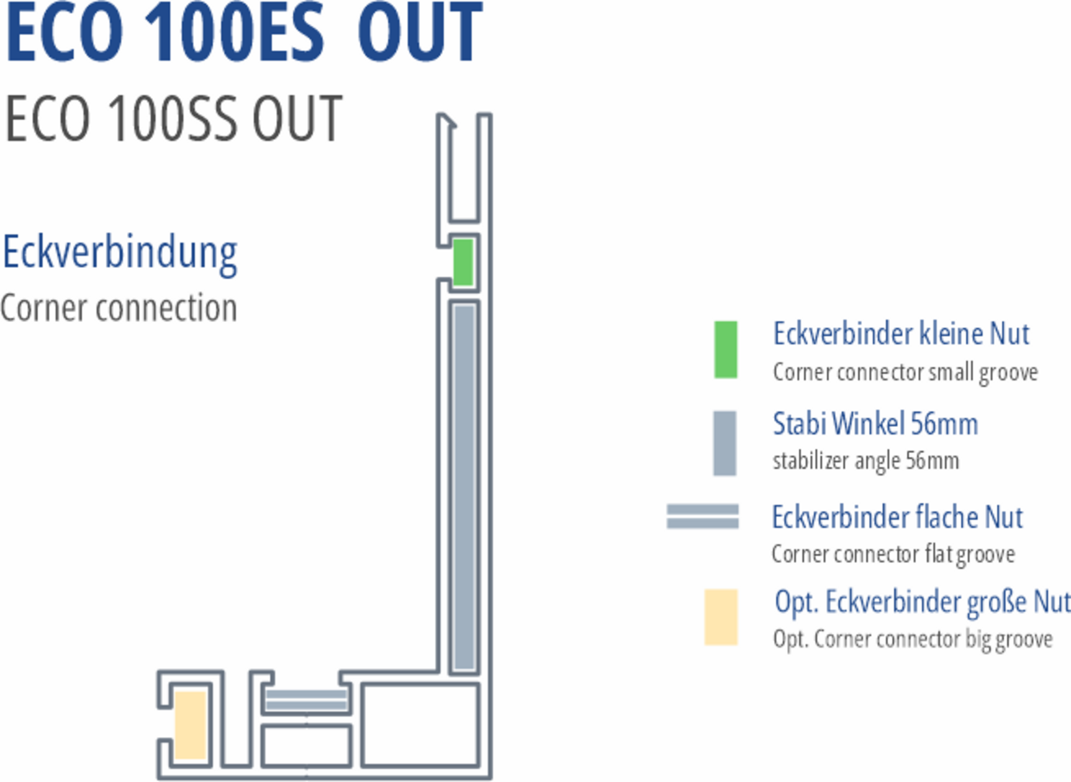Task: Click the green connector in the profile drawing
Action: click(x=463, y=262)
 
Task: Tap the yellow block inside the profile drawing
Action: click(x=191, y=725)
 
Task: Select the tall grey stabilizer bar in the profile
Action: click(x=464, y=486)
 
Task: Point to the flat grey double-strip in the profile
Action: click(x=306, y=701)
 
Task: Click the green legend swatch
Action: click(x=725, y=349)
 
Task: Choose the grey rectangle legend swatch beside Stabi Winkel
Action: click(x=725, y=443)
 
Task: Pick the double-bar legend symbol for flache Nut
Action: click(x=702, y=516)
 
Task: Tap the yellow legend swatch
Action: click(x=721, y=617)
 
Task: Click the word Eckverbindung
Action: click(x=120, y=253)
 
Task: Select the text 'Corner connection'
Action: click(x=118, y=308)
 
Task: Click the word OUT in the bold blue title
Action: click(x=420, y=34)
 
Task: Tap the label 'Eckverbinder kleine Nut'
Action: click(x=901, y=334)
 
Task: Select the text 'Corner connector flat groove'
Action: click(x=893, y=554)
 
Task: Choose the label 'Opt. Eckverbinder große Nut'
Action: click(x=922, y=601)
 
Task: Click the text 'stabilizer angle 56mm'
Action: click(x=865, y=461)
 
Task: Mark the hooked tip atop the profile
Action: click(x=447, y=121)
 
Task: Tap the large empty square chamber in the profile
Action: click(x=421, y=725)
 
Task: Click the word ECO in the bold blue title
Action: click(x=64, y=34)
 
